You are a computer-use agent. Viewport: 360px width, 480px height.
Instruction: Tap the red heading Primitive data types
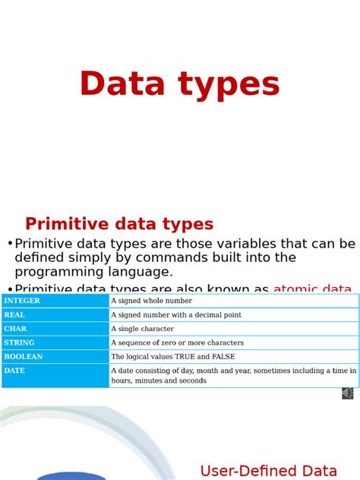119,224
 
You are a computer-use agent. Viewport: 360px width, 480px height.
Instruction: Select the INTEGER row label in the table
22,301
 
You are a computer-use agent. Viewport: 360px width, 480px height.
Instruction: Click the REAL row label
14,314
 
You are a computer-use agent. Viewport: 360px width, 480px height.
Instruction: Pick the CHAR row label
15,329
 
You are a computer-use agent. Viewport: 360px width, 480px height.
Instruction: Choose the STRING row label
19,343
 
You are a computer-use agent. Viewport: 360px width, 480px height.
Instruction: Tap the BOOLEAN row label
23,356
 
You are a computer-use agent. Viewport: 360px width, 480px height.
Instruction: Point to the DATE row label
14,370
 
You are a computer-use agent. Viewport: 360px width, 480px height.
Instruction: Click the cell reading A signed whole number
151,301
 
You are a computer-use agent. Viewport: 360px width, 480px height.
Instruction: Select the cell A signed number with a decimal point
176,314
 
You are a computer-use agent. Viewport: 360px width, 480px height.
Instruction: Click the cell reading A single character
142,329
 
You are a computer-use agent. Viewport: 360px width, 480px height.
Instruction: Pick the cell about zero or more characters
177,343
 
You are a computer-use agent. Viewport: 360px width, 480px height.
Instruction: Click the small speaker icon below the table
348,393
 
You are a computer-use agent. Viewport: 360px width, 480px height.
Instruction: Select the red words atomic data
312,289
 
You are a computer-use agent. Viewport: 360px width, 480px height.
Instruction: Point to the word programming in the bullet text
58,271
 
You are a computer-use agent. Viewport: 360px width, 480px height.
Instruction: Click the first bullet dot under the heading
10,244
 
